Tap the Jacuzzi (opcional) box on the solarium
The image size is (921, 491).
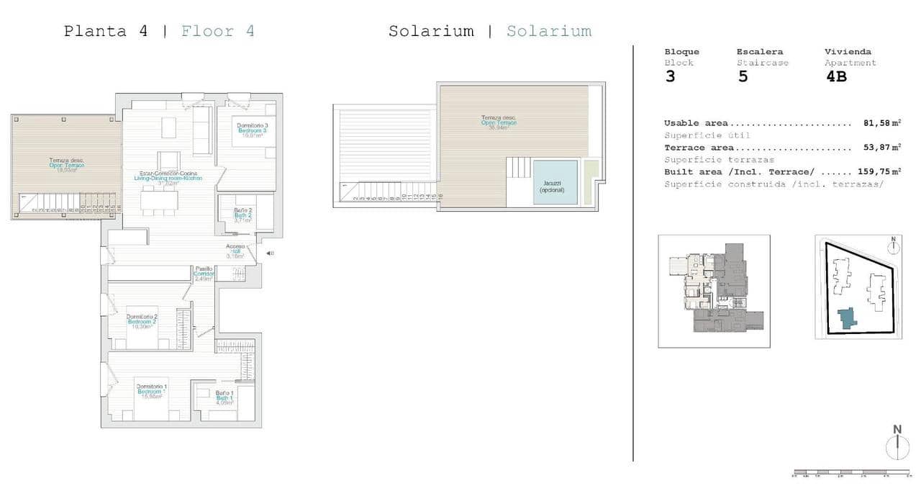point(555,182)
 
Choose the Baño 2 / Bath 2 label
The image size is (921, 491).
point(242,215)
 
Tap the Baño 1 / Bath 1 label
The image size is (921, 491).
point(224,398)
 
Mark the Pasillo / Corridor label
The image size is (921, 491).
point(204,274)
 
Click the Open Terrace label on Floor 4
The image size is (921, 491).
point(66,164)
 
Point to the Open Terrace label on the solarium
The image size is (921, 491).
point(499,122)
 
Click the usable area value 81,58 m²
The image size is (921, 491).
point(881,124)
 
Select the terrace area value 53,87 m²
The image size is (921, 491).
point(881,148)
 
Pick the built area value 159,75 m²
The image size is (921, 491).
point(878,172)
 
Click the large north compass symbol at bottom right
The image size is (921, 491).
point(897,444)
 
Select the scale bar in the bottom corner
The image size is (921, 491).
point(850,473)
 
